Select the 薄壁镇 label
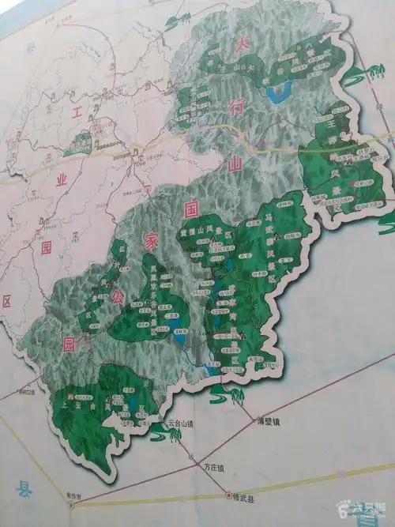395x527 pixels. pyautogui.click(x=270, y=421)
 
